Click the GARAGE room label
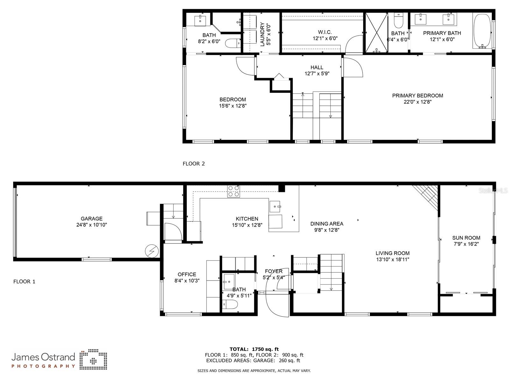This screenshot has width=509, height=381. (91, 219)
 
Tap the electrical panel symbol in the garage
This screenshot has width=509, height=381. (152, 251)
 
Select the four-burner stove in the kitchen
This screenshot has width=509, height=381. (233, 191)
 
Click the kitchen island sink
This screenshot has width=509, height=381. (275, 207)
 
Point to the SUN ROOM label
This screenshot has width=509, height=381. (466, 238)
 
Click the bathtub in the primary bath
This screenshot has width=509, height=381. (482, 31)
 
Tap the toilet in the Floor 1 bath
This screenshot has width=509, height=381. (230, 304)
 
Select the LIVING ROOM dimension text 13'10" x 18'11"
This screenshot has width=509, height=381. (392, 259)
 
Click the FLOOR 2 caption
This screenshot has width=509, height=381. (194, 164)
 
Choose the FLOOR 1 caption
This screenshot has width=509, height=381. (24, 282)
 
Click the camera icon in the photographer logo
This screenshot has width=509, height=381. (93, 360)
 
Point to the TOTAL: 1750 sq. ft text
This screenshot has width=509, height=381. (254, 349)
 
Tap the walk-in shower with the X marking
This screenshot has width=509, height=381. (376, 32)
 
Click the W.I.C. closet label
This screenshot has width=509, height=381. (325, 32)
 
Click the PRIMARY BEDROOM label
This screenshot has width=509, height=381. (417, 96)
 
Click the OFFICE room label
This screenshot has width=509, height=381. (187, 275)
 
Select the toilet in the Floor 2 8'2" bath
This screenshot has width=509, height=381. (233, 43)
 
